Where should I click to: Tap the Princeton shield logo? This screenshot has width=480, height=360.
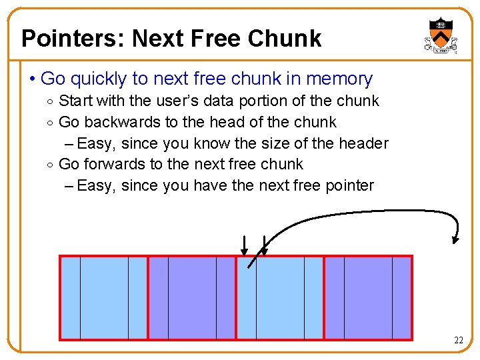click(441, 36)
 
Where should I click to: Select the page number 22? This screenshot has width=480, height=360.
click(459, 341)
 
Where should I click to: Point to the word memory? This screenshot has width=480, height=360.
click(339, 79)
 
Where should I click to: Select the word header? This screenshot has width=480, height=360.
click(363, 143)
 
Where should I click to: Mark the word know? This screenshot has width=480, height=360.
click(248, 143)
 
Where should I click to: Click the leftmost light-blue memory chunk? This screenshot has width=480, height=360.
click(104, 298)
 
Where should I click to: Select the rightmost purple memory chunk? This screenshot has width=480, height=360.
click(368, 298)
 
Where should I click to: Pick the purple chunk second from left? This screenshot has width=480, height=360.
click(192, 298)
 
